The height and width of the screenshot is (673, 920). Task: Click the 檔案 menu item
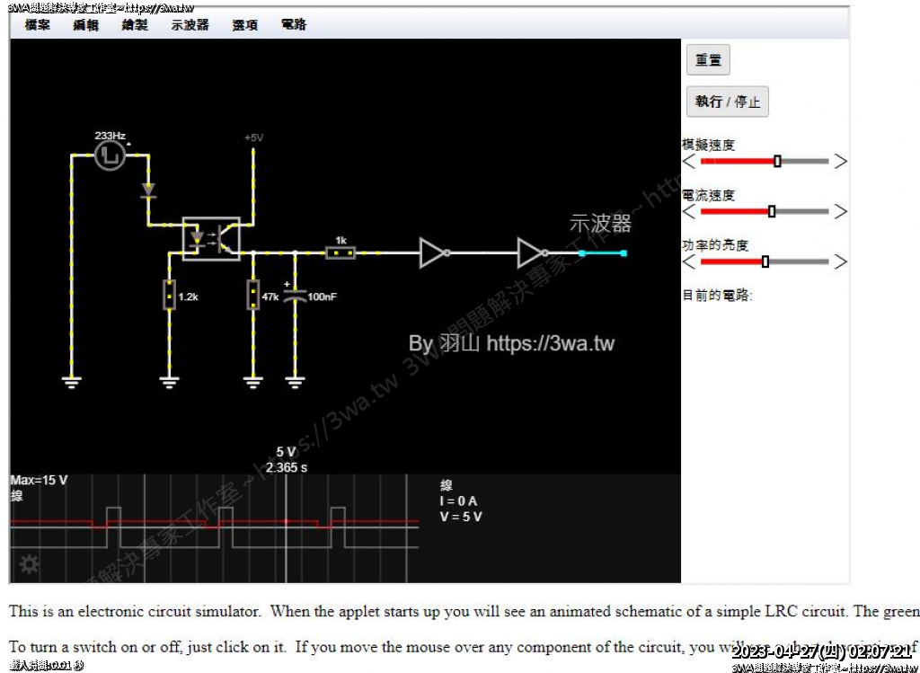(37, 25)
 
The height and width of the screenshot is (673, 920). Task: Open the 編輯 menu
(86, 25)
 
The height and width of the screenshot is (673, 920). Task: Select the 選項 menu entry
(245, 25)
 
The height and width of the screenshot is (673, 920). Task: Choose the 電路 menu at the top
(294, 25)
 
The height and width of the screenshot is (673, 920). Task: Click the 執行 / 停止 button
(727, 102)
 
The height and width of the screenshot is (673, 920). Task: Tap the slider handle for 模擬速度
(777, 161)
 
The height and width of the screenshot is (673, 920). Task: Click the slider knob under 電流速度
(772, 211)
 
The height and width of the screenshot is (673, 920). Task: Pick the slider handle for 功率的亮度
(765, 261)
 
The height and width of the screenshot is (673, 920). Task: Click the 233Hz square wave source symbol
(110, 155)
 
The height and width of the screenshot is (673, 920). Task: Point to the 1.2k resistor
(168, 295)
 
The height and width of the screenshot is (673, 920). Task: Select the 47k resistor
(252, 295)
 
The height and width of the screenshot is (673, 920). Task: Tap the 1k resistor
(341, 253)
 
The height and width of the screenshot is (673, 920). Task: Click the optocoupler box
(211, 239)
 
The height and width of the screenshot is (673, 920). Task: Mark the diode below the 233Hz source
(148, 190)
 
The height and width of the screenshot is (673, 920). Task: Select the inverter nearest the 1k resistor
(434, 253)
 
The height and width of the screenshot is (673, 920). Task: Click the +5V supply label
(253, 137)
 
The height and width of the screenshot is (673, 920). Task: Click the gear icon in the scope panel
(30, 564)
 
